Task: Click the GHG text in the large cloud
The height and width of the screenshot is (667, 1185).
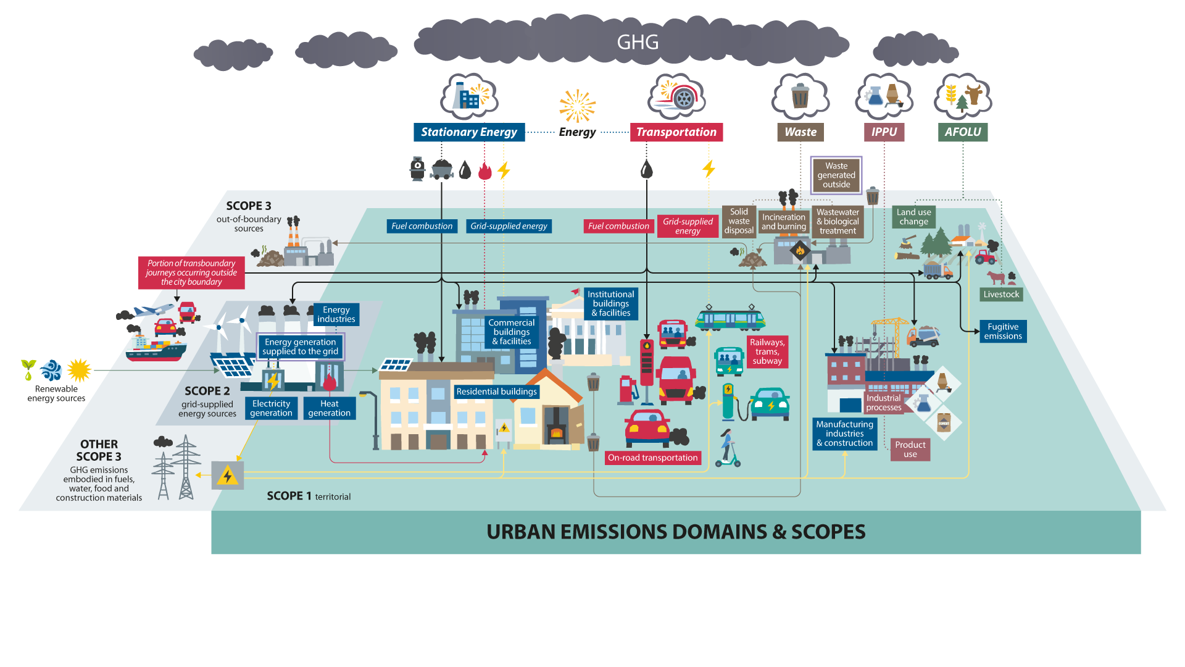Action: pyautogui.click(x=638, y=42)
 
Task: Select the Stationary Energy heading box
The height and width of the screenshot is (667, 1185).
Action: pyautogui.click(x=469, y=132)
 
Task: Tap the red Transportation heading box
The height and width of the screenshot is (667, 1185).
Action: pyautogui.click(x=676, y=132)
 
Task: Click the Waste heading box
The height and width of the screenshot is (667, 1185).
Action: pyautogui.click(x=800, y=132)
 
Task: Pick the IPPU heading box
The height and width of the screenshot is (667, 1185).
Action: pyautogui.click(x=884, y=132)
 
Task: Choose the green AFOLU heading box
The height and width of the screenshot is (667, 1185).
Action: pyautogui.click(x=962, y=132)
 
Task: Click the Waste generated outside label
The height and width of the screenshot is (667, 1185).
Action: pyautogui.click(x=836, y=175)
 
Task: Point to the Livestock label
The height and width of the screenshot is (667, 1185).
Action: pyautogui.click(x=1001, y=295)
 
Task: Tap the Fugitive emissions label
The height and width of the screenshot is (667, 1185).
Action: pyautogui.click(x=1003, y=332)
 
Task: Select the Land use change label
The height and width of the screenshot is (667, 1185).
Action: pyautogui.click(x=913, y=217)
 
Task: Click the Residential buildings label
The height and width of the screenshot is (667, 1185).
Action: pyautogui.click(x=496, y=392)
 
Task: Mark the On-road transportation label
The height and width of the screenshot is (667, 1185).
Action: pyautogui.click(x=652, y=458)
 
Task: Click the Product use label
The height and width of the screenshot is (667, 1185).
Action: pyautogui.click(x=910, y=450)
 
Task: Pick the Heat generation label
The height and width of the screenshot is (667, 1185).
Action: pyautogui.click(x=329, y=408)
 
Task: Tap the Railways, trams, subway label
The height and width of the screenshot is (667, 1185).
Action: pyautogui.click(x=767, y=352)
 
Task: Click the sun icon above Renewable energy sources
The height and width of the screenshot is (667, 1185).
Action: pyautogui.click(x=79, y=371)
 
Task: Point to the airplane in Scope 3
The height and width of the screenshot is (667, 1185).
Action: pyautogui.click(x=153, y=310)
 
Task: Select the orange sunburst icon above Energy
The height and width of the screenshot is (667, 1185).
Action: pyautogui.click(x=577, y=106)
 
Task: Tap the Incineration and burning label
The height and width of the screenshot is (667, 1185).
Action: pyautogui.click(x=784, y=222)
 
